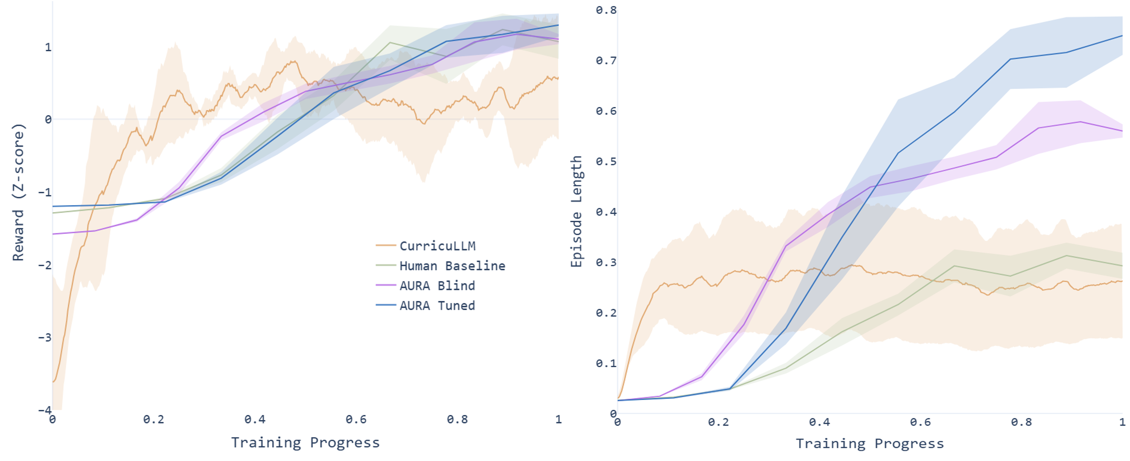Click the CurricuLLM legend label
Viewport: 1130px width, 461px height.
tap(437, 246)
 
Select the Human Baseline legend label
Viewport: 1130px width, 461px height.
tap(452, 266)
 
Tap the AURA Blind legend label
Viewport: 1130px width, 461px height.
tap(437, 286)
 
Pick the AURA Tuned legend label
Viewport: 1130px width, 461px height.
tap(437, 306)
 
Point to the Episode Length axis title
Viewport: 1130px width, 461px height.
tap(576, 211)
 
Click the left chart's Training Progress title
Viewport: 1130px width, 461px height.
tap(305, 443)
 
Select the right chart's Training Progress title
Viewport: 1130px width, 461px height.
tap(870, 444)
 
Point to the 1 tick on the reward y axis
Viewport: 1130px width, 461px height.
tap(48, 47)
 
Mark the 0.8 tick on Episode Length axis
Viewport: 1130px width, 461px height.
tap(606, 10)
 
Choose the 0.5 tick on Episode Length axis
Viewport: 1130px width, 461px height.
tap(606, 162)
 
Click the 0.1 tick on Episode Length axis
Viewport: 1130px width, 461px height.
tap(606, 363)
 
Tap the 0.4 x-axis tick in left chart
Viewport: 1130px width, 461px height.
tap(254, 420)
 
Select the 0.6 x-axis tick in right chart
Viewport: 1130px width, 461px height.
tap(920, 422)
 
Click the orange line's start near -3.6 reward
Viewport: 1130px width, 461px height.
tap(53, 382)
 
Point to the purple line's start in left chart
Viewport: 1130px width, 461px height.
tap(53, 234)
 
